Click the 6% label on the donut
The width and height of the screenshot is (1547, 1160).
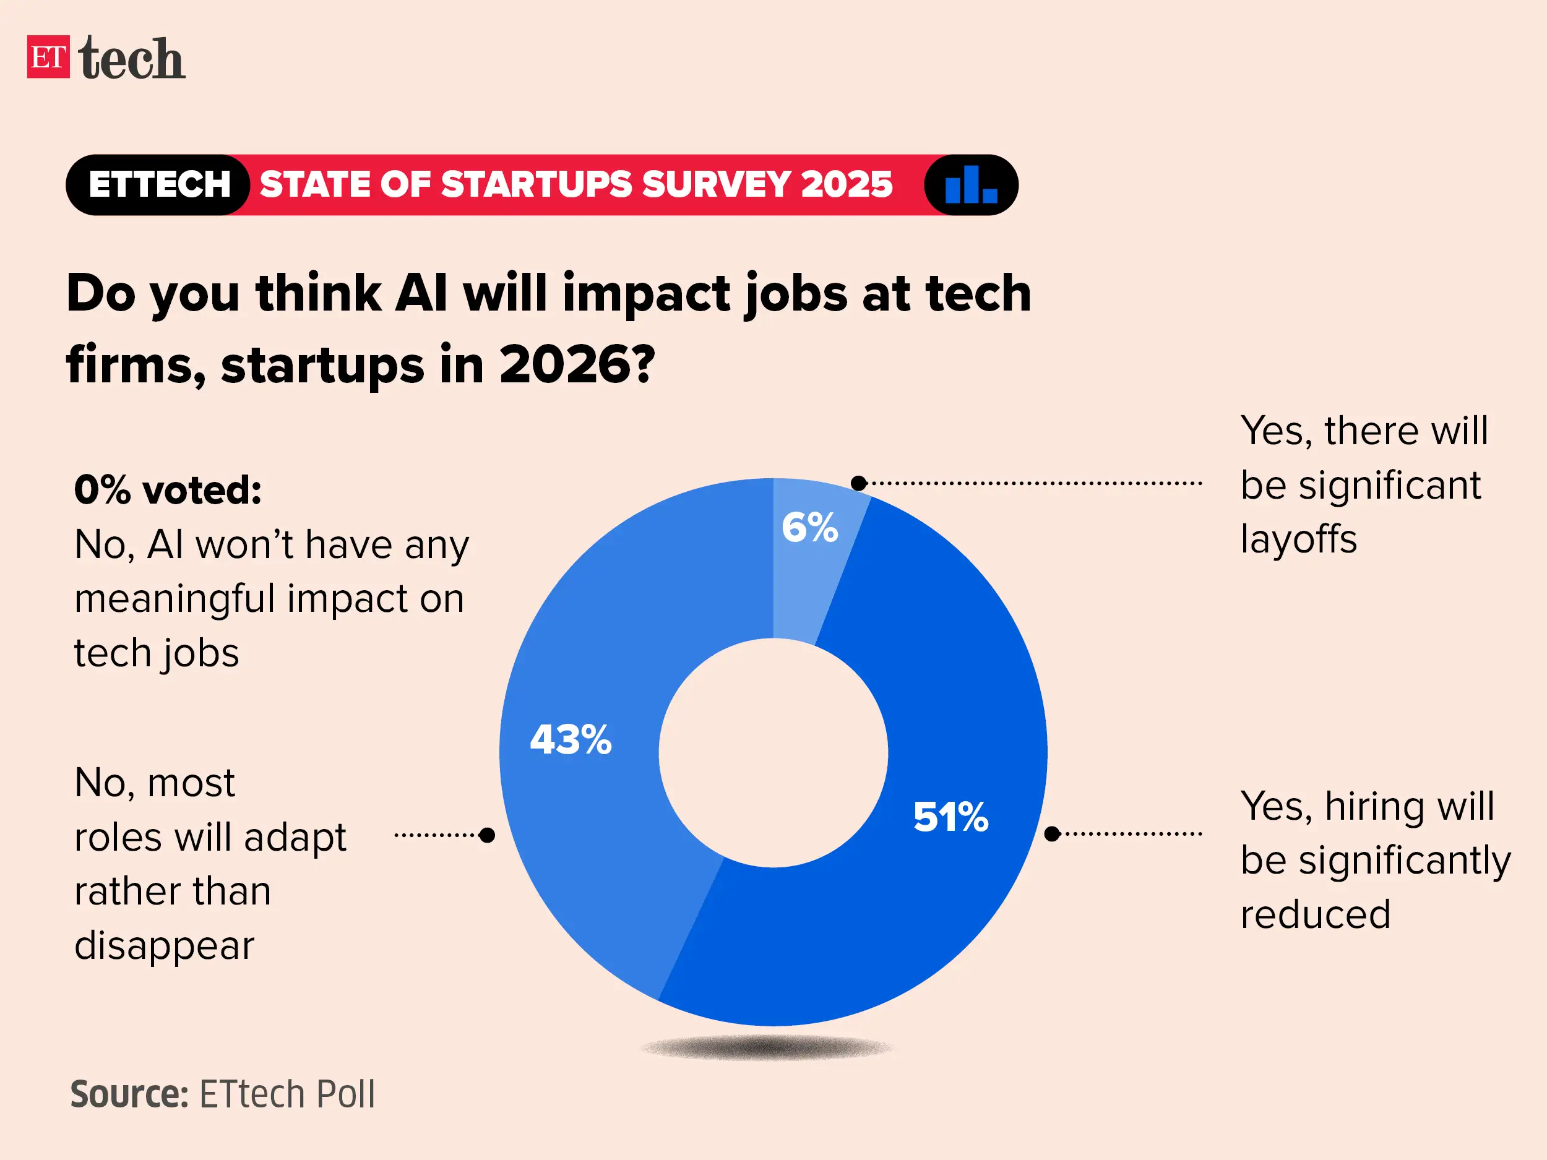pyautogui.click(x=809, y=527)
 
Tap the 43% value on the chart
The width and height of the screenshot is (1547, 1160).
pyautogui.click(x=571, y=739)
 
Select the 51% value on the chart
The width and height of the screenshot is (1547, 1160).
pyautogui.click(x=950, y=816)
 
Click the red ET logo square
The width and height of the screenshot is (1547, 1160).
pyautogui.click(x=48, y=57)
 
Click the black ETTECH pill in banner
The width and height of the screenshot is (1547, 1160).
pyautogui.click(x=159, y=184)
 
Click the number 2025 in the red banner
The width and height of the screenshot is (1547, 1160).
pyautogui.click(x=847, y=184)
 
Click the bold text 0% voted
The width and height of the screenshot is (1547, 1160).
pyautogui.click(x=168, y=489)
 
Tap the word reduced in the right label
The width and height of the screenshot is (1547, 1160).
pyautogui.click(x=1316, y=914)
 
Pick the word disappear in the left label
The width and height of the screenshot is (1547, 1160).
pyautogui.click(x=165, y=945)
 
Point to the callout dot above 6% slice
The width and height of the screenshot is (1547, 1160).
pyautogui.click(x=859, y=483)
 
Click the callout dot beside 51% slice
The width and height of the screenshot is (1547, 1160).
pyautogui.click(x=1052, y=833)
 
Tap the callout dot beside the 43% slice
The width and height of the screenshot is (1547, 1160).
pyautogui.click(x=488, y=835)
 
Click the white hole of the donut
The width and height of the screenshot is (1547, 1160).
pyautogui.click(x=773, y=753)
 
